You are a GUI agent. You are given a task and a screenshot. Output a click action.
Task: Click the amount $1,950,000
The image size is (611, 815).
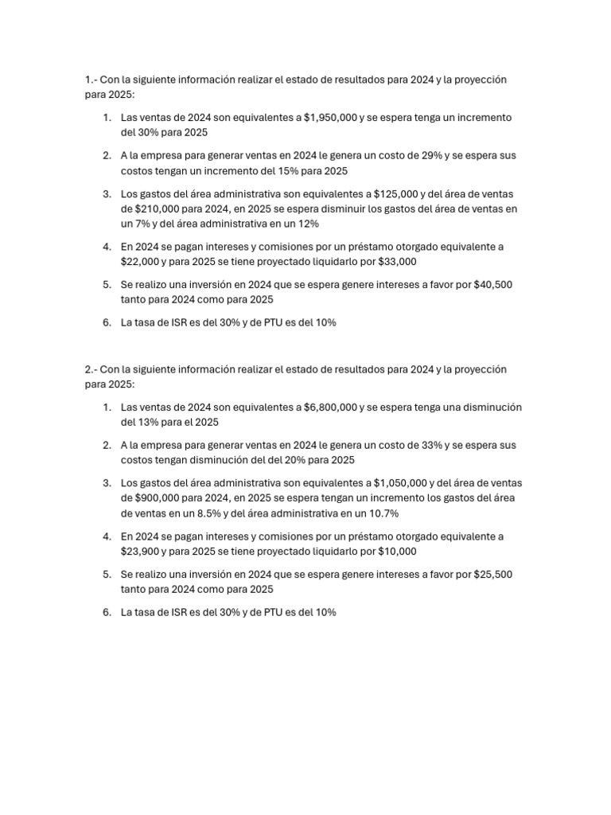click(x=330, y=118)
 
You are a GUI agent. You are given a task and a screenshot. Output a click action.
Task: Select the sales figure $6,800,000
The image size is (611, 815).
click(x=330, y=407)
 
